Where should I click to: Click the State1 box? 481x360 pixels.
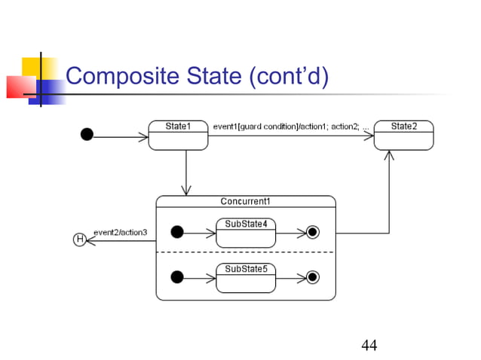178,135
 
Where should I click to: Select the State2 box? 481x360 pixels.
404,135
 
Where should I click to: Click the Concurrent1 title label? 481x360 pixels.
245,201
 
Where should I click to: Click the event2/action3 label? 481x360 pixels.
120,231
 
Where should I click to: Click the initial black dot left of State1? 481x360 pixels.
87,135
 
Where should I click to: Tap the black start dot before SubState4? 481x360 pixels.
177,232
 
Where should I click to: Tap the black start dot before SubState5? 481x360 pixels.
177,277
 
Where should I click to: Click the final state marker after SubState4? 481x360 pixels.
313,232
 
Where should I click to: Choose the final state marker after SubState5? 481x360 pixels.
313,277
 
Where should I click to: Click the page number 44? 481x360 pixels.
369,345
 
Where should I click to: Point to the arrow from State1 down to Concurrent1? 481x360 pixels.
185,172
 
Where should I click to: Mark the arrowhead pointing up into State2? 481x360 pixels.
389,156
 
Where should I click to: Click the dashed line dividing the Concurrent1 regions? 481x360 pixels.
245,252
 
